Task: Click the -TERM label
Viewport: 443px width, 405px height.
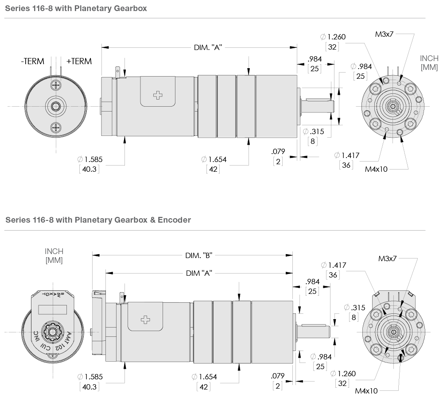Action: coord(33,62)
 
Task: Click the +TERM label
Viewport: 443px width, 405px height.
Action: coord(79,62)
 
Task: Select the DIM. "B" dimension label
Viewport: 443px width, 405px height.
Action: coord(200,255)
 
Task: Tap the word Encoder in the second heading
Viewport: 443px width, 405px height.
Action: coord(176,220)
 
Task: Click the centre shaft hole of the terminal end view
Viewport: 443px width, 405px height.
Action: coord(56,106)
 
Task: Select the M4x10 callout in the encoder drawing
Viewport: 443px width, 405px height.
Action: coord(366,391)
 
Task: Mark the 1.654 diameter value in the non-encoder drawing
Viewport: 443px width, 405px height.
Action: coord(216,159)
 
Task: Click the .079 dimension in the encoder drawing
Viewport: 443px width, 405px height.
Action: coord(278,376)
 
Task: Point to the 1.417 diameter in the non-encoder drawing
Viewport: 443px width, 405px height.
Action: coord(349,155)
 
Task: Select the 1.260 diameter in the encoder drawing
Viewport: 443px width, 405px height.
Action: coord(346,374)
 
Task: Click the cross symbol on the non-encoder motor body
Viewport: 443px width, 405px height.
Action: coord(158,95)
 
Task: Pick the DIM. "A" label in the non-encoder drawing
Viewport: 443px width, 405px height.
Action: coord(208,47)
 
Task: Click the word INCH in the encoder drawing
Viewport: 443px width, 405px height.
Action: coord(54,251)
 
